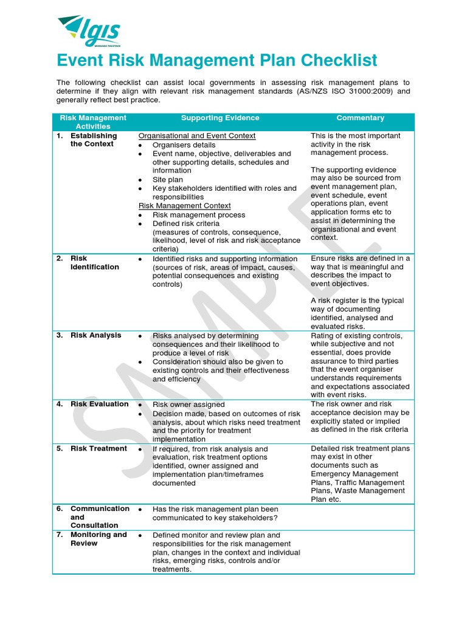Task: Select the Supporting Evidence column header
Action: tap(220, 118)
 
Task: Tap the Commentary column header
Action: tap(361, 118)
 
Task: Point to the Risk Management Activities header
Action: tap(93, 122)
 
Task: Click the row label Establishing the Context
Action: tap(93, 140)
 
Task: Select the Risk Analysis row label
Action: tap(95, 335)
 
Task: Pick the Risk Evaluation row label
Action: tap(99, 404)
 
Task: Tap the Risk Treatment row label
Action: tap(99, 449)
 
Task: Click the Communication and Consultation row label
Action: tap(100, 517)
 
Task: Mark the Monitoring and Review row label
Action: tap(99, 539)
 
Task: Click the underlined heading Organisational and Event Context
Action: tap(197, 136)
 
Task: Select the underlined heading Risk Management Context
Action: tap(184, 206)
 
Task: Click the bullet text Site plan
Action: tap(167, 180)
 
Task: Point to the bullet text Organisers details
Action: tap(184, 145)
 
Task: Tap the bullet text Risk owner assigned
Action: tap(189, 405)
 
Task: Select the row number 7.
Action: tap(60, 535)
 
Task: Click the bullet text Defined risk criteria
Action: tap(186, 224)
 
